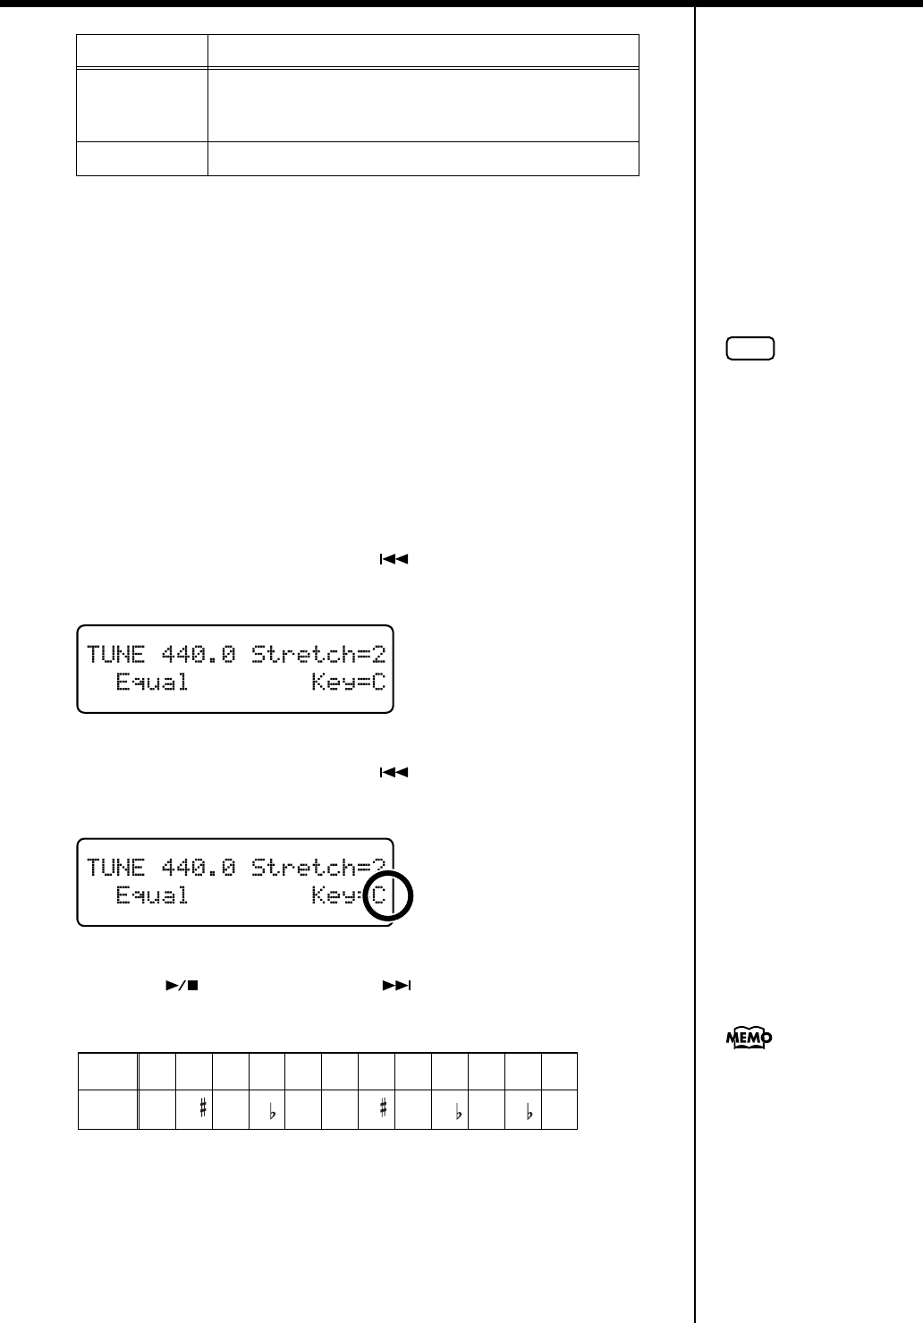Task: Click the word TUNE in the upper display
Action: (116, 654)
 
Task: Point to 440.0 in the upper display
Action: (198, 654)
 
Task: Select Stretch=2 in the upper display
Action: (318, 654)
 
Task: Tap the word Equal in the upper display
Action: (152, 683)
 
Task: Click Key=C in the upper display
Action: (348, 683)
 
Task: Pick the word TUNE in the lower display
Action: (116, 867)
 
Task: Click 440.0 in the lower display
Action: (198, 867)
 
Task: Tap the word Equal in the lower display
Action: (152, 895)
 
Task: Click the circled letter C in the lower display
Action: (379, 895)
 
